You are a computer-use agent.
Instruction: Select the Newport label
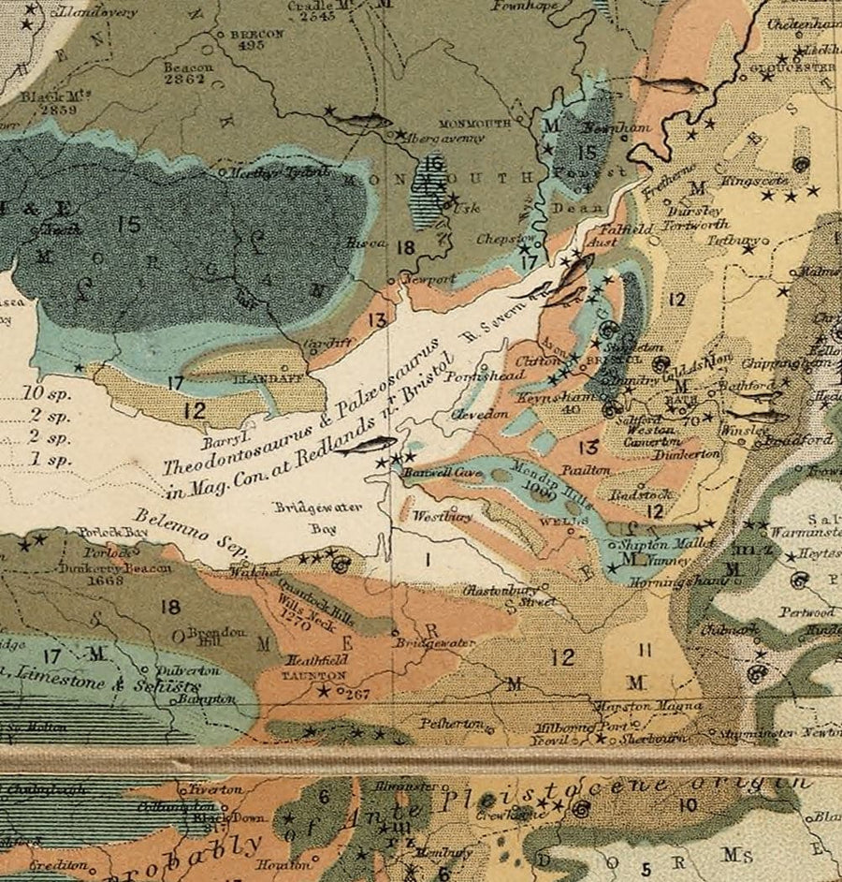pyautogui.click(x=428, y=279)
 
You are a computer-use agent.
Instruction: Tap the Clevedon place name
pyautogui.click(x=480, y=414)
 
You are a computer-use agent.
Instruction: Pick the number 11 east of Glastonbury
pyautogui.click(x=646, y=649)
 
